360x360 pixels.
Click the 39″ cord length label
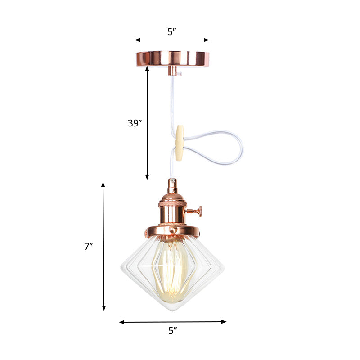click(135, 123)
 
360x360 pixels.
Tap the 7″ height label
click(88, 246)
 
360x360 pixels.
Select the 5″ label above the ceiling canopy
click(172, 32)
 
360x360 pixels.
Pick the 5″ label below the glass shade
click(173, 331)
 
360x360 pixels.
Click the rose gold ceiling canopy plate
click(172, 58)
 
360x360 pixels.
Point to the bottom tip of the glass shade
click(173, 310)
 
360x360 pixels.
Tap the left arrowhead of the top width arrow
click(137, 40)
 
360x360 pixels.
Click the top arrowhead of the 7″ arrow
click(103, 184)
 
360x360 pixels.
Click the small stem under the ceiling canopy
click(172, 71)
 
